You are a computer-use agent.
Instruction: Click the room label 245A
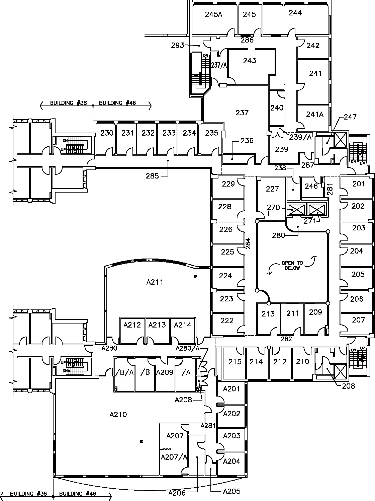[213, 14]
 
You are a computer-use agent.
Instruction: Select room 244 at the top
[295, 13]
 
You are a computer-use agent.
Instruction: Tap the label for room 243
[250, 61]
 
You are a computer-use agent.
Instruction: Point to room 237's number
[242, 113]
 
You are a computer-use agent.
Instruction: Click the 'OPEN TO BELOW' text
[292, 265]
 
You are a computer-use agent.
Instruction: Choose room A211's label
[155, 282]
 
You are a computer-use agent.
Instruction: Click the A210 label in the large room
[118, 415]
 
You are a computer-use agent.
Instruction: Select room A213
[157, 325]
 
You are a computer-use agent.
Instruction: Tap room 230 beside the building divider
[107, 133]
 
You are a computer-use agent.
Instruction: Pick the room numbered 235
[211, 133]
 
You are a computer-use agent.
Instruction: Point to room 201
[359, 184]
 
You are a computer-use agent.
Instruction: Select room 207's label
[358, 320]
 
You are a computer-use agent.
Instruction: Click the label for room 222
[227, 320]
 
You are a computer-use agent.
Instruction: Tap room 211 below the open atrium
[292, 313]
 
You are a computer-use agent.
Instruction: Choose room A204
[231, 461]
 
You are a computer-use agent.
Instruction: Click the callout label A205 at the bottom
[231, 492]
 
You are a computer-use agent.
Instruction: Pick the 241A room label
[315, 114]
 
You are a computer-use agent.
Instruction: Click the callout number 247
[350, 117]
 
